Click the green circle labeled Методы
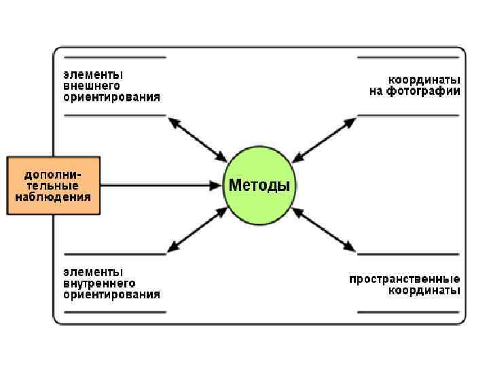pyautogui.click(x=260, y=185)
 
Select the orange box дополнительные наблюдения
pyautogui.click(x=54, y=186)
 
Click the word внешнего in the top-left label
pyautogui.click(x=92, y=86)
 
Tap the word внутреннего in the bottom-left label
pyautogui.click(x=100, y=283)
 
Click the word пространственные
pyautogui.click(x=405, y=279)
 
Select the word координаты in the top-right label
pyautogui.click(x=424, y=79)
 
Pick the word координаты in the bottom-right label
pyautogui.click(x=424, y=291)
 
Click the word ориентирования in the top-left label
pyautogui.click(x=112, y=97)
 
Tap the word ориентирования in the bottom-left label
pyautogui.click(x=112, y=294)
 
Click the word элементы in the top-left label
pyautogui.click(x=94, y=74)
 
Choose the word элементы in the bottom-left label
pyautogui.click(x=94, y=271)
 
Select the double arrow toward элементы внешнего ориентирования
pyautogui.click(x=198, y=140)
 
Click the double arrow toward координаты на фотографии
pyautogui.click(x=324, y=139)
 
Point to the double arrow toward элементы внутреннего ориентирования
pyautogui.click(x=198, y=229)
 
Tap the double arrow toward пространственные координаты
pyautogui.click(x=324, y=230)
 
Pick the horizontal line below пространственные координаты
pyautogui.click(x=409, y=312)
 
